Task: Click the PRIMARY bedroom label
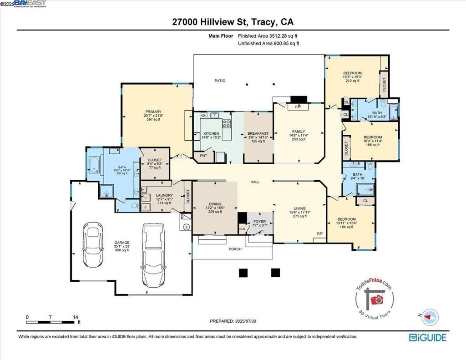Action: tap(153, 112)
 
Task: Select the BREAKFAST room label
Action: tap(258, 133)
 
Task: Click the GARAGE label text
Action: tap(122, 243)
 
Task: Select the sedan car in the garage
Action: tap(94, 245)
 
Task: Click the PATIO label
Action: tap(220, 81)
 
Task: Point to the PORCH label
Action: tap(235, 249)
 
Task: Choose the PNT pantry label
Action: tap(203, 156)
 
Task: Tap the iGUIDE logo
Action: tap(427, 337)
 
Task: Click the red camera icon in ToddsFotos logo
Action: tap(376, 299)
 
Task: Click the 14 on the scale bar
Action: tap(76, 317)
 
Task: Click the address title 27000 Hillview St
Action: tap(233, 22)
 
